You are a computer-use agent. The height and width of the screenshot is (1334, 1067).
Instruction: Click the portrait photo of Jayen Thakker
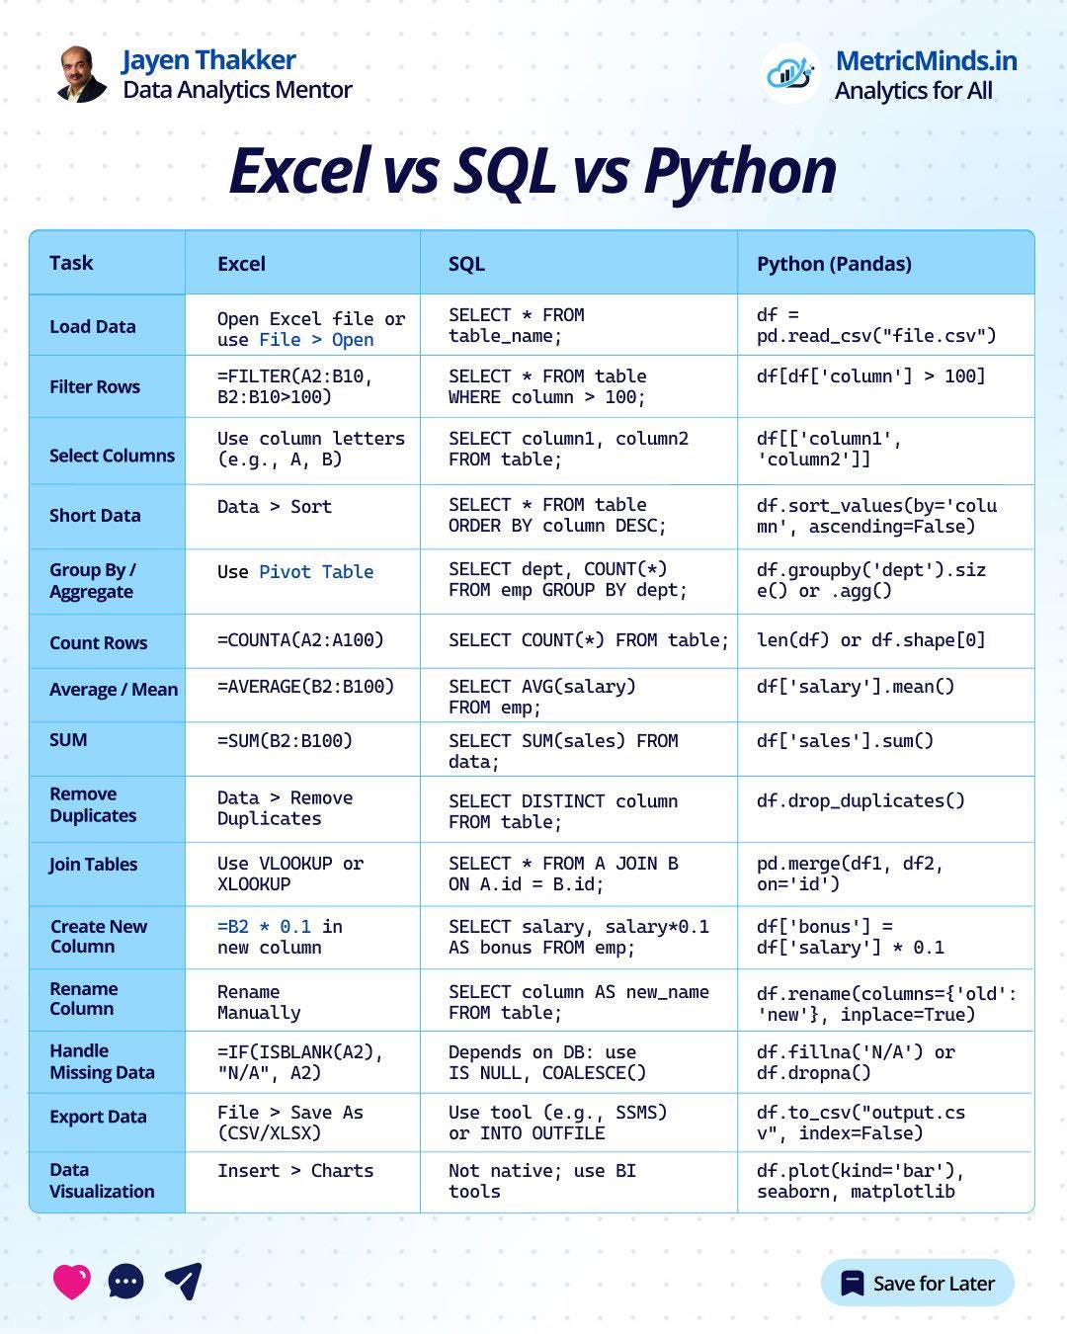click(x=82, y=74)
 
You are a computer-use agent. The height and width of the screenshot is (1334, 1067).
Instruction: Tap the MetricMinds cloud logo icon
click(x=790, y=73)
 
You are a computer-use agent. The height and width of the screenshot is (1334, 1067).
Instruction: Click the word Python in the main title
click(x=739, y=171)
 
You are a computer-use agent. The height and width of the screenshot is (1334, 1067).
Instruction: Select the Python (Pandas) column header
click(x=834, y=264)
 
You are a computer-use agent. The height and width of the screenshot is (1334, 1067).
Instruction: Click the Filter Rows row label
click(x=95, y=387)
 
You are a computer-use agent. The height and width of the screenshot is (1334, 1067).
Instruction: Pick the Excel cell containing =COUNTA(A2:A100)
click(x=300, y=640)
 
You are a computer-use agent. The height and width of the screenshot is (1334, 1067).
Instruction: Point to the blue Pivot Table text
click(x=316, y=572)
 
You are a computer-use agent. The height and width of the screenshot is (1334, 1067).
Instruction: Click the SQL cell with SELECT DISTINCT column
click(x=563, y=811)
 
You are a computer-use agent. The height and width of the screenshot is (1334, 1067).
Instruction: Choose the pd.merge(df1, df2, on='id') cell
click(x=850, y=874)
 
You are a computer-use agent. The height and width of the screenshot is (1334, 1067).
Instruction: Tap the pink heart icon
click(x=71, y=1282)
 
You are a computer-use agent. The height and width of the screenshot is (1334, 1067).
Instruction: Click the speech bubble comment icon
click(x=125, y=1282)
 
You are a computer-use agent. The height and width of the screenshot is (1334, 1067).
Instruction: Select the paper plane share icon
click(x=183, y=1281)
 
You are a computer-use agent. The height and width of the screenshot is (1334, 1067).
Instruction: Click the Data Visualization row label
click(x=102, y=1181)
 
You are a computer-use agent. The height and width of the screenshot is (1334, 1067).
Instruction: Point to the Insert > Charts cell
click(x=295, y=1171)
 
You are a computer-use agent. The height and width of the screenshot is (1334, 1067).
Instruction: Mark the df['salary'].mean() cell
click(x=856, y=687)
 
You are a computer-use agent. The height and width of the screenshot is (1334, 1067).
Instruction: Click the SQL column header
click(x=466, y=264)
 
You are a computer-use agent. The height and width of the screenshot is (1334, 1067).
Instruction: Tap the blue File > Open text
click(x=316, y=340)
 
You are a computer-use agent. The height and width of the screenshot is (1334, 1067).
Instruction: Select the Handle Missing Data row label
click(x=102, y=1062)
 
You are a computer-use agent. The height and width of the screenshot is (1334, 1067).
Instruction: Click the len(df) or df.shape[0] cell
click(x=870, y=640)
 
